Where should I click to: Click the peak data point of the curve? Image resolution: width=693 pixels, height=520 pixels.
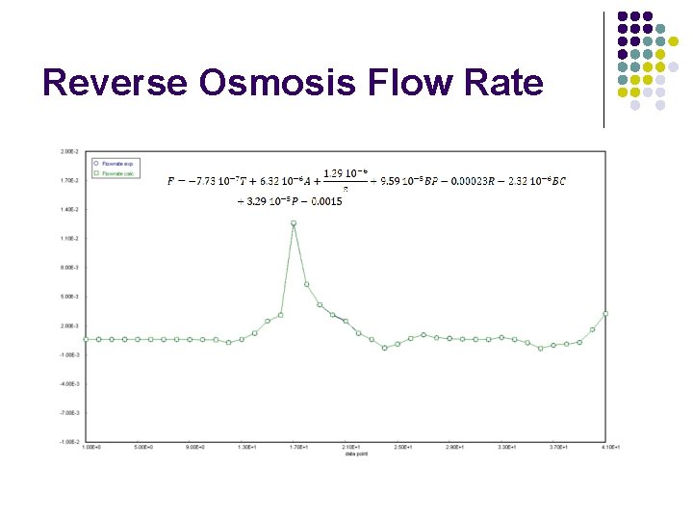coord(294,223)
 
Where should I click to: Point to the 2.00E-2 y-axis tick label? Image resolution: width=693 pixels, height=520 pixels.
coord(70,151)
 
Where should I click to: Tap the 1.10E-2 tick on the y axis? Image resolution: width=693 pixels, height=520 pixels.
coord(70,239)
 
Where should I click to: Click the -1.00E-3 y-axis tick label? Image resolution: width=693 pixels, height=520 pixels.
coord(70,354)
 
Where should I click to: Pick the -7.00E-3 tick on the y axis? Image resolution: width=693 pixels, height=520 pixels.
coord(70,412)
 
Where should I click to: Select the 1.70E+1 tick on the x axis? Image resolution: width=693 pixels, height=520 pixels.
coord(299,447)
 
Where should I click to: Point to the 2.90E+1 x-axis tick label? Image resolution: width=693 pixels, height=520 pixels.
coord(455,447)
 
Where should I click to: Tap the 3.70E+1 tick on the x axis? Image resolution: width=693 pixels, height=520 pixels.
coord(559,447)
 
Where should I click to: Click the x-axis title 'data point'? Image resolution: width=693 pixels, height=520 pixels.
coord(356,454)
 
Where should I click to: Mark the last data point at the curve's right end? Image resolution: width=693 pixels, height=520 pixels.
coord(605,313)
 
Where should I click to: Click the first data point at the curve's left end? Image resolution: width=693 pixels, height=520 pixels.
coord(86,339)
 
